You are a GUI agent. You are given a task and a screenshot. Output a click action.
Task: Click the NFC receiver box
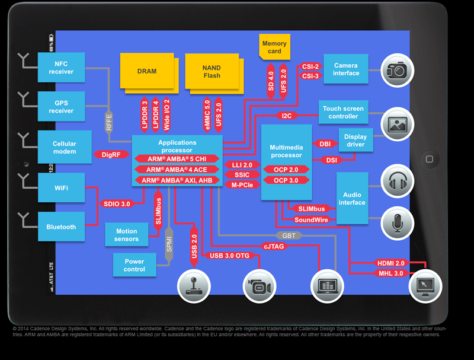[61, 68]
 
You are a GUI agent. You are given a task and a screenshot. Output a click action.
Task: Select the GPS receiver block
[61, 107]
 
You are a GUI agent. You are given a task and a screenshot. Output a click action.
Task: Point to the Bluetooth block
[61, 227]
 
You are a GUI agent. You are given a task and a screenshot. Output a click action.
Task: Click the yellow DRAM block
[146, 71]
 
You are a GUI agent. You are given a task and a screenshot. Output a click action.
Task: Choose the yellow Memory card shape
[274, 47]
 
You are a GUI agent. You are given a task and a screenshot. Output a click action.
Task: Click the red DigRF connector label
[111, 155]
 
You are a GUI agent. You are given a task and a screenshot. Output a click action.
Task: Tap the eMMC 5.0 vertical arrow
[207, 113]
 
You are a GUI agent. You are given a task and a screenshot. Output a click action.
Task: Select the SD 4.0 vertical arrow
[270, 80]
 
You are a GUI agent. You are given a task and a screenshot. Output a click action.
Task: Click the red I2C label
[287, 116]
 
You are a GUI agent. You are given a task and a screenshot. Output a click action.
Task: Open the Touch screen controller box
[343, 113]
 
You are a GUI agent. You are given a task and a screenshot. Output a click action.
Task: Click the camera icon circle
[395, 70]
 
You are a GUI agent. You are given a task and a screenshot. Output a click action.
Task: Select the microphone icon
[395, 221]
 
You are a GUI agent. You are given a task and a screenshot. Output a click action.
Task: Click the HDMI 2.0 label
[391, 263]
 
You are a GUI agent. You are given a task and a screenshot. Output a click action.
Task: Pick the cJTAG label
[274, 246]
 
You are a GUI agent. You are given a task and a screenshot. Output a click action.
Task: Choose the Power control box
[134, 265]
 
